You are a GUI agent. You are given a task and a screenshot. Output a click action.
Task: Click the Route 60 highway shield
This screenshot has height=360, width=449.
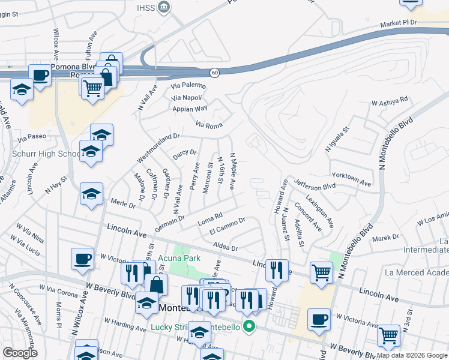[214, 73]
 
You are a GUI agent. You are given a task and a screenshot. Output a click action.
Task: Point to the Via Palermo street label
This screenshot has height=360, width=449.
[188, 86]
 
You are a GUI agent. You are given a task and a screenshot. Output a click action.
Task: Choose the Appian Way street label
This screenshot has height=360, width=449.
[190, 109]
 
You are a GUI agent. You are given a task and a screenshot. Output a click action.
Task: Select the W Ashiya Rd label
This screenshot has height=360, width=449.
[390, 102]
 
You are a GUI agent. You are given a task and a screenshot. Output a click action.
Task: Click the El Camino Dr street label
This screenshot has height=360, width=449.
[227, 226]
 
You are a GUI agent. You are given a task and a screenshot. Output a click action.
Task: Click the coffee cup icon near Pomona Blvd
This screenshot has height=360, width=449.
[40, 76]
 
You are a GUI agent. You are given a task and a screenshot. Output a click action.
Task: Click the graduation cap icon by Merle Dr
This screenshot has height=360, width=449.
[91, 194]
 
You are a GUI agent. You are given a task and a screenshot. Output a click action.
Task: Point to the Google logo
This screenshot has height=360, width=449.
[20, 353]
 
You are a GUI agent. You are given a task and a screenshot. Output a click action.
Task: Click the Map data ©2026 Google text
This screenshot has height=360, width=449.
[412, 355]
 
